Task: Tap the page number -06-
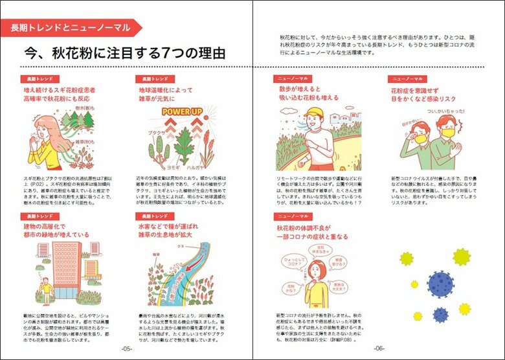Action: coord(379,348)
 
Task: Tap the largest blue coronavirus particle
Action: coord(441,284)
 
